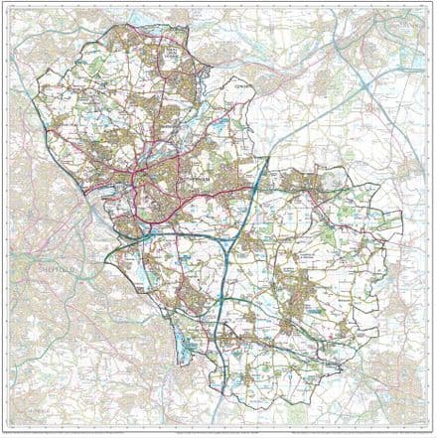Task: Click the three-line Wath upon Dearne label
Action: coord(177,54)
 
